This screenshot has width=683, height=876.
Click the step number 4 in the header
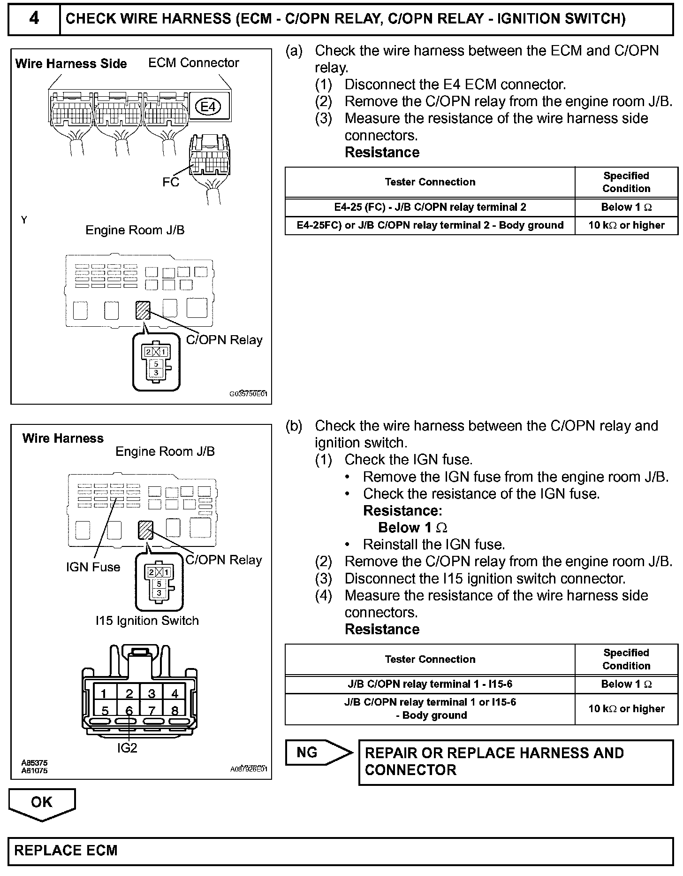[x=34, y=19]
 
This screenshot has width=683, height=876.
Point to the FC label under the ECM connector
[x=171, y=182]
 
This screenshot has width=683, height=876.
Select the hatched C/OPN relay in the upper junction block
[x=143, y=310]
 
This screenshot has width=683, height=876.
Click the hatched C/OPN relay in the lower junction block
[x=145, y=530]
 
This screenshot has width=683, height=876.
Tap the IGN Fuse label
[x=93, y=567]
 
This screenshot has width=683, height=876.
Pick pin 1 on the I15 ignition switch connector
[x=104, y=693]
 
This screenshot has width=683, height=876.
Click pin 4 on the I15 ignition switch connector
[x=175, y=693]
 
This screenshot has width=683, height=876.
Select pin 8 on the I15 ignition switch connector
[x=175, y=711]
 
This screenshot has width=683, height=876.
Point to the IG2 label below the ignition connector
[x=127, y=748]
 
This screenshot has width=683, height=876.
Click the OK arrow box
[x=42, y=802]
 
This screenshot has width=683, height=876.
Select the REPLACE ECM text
[x=66, y=851]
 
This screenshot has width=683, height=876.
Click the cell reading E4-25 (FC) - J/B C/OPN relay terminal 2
[x=430, y=207]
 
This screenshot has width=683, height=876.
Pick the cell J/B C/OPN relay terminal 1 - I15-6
[x=430, y=684]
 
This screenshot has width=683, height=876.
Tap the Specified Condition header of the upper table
[x=626, y=182]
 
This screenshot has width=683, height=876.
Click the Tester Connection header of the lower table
[x=430, y=659]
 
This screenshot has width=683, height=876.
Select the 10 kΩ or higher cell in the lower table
[x=626, y=709]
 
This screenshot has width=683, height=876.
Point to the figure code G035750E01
[x=249, y=394]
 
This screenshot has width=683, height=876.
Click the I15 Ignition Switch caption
[x=147, y=621]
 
